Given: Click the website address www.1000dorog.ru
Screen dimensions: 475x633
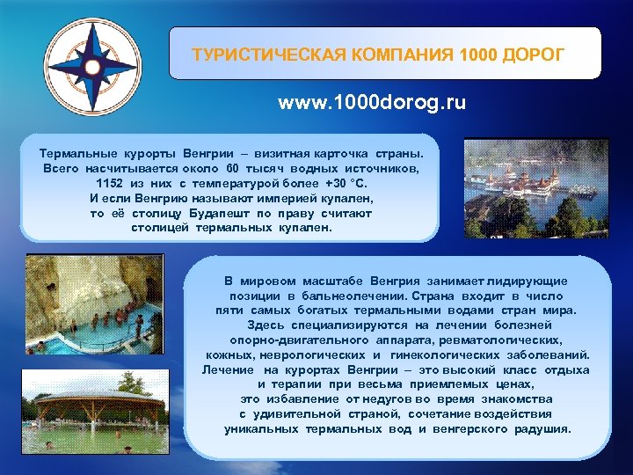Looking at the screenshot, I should point(372,103).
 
